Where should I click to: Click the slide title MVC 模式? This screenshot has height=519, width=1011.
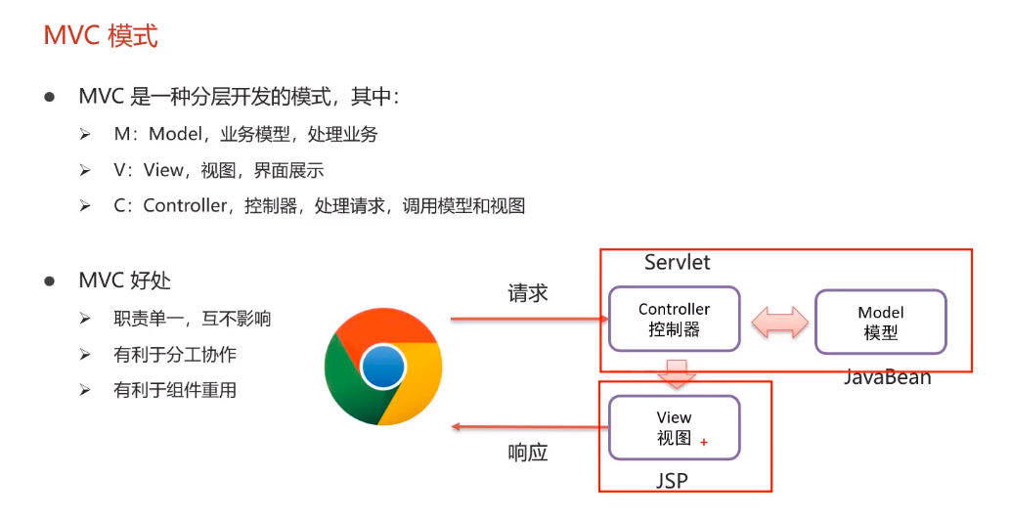pos(101,36)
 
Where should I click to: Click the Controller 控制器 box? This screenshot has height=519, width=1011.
pos(674,319)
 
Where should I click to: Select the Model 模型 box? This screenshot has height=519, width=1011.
pos(880,322)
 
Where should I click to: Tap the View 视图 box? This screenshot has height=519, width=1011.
pos(674,427)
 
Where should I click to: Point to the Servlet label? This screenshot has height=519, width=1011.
pos(677,262)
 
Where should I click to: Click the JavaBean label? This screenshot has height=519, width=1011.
pos(887,377)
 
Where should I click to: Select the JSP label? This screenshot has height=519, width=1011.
pos(673,480)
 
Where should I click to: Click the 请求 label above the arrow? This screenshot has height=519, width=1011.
pos(527,293)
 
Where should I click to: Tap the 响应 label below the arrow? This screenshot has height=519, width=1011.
pos(527,453)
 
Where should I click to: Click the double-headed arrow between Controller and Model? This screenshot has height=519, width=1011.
pos(777,322)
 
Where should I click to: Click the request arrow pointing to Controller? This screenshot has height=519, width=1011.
pos(528,319)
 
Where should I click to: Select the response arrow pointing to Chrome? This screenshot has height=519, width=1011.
pos(528,427)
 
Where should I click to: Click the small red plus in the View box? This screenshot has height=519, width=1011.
pos(704,443)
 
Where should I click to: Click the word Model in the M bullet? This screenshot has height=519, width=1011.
pos(174,134)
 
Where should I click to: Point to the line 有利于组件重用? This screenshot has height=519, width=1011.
pos(175,390)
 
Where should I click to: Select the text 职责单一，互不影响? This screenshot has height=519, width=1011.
pos(192,319)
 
